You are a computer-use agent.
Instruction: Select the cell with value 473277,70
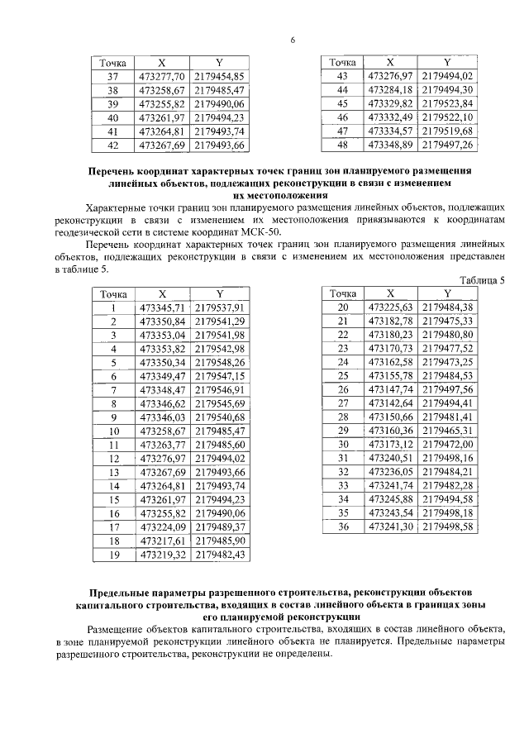(162, 76)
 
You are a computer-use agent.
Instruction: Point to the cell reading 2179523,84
(447, 103)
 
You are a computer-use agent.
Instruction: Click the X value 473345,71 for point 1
(162, 307)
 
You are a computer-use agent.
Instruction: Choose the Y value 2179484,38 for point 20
(447, 307)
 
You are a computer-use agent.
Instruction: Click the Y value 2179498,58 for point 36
(447, 526)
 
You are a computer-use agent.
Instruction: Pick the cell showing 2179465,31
(447, 431)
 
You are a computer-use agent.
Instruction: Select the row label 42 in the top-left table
(113, 145)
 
